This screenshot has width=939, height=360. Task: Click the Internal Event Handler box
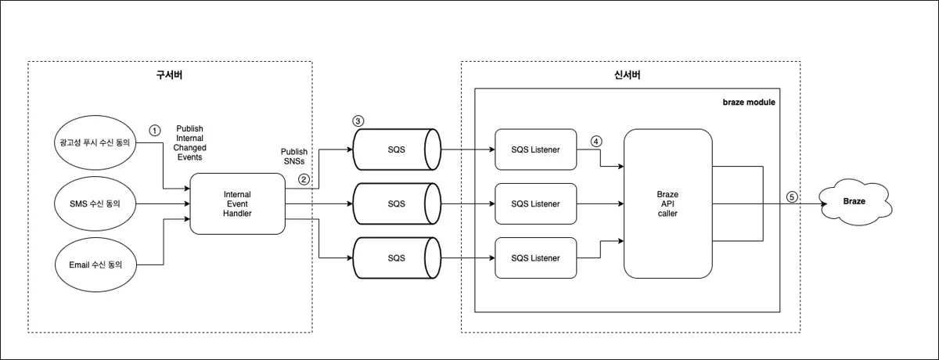[237, 203]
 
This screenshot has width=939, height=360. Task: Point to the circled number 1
[155, 129]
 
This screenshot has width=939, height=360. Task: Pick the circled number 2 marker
[304, 179]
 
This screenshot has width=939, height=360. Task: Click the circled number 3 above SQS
[358, 121]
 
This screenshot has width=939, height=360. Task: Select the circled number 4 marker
[596, 142]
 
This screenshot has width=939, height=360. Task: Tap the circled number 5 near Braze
[793, 196]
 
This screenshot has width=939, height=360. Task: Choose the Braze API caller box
[667, 203]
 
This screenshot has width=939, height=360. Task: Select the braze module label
[748, 102]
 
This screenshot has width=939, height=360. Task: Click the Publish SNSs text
[294, 157]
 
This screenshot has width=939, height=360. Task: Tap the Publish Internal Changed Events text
[190, 142]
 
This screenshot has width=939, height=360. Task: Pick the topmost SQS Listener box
[535, 149]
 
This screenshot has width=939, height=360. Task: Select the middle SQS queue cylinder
[396, 203]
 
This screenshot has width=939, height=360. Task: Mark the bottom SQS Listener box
[535, 258]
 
